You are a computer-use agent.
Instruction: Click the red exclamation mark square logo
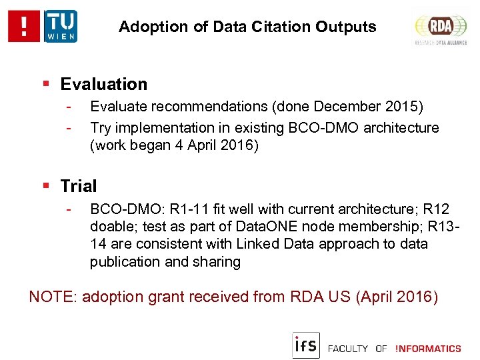[x=25, y=27]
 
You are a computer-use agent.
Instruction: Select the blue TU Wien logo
[x=61, y=27]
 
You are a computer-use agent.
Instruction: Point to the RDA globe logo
[x=440, y=27]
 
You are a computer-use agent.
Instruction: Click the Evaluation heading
[x=103, y=85]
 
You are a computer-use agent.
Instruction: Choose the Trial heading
[x=79, y=186]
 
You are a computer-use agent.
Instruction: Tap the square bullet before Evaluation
[x=46, y=85]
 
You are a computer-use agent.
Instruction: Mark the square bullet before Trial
[x=46, y=186]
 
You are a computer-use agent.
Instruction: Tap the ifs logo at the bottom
[x=306, y=345]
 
